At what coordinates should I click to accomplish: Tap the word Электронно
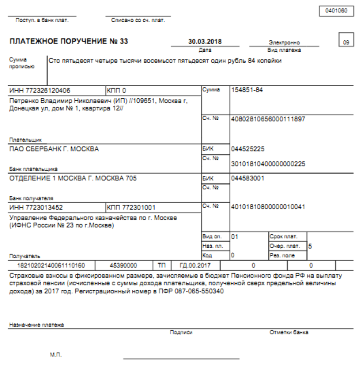(284, 43)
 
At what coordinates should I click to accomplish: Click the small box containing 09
(346, 42)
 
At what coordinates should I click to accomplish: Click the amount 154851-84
(248, 90)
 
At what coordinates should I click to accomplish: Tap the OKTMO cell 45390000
(127, 264)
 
